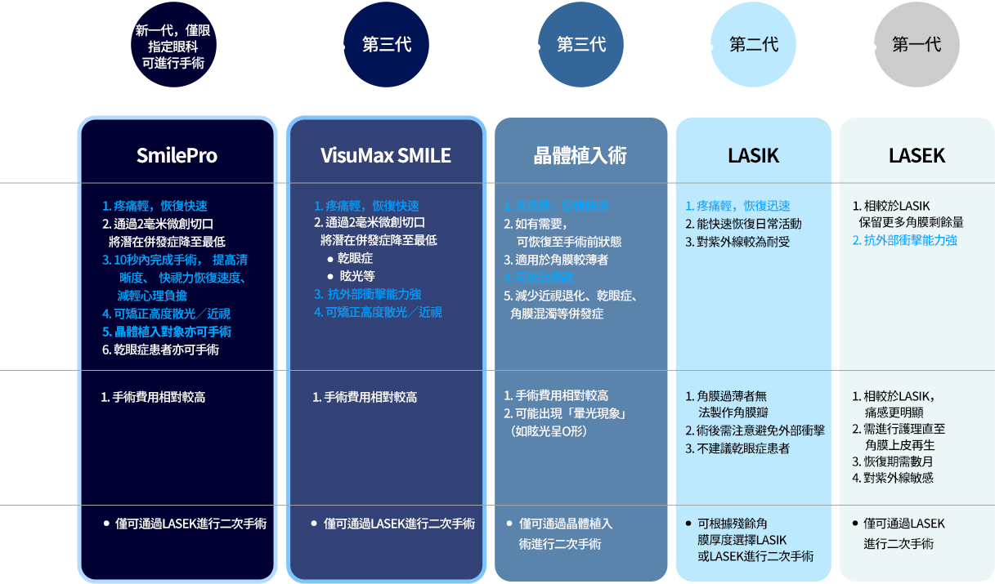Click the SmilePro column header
[x=177, y=155]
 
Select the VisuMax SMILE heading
[x=386, y=155]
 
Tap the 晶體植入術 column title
[x=580, y=155]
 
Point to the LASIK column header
[x=753, y=155]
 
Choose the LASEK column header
[x=917, y=155]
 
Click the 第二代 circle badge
[x=753, y=45]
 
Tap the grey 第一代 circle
[x=917, y=45]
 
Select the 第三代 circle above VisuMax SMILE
[x=386, y=45]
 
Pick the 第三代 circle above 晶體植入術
[x=580, y=45]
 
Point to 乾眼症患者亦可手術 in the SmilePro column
[x=160, y=350]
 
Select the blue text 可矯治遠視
[x=544, y=278]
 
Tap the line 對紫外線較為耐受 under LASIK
[x=737, y=242]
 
